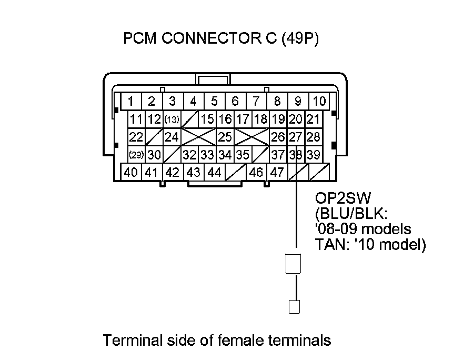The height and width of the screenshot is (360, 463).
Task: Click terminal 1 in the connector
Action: (x=130, y=101)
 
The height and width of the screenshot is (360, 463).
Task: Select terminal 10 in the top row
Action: (x=319, y=101)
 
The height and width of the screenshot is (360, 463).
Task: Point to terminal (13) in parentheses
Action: (x=172, y=119)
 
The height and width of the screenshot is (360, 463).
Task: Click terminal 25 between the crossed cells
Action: (x=225, y=137)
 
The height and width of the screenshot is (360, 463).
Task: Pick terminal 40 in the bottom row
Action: (x=131, y=172)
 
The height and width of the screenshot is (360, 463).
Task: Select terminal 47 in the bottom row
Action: (x=277, y=172)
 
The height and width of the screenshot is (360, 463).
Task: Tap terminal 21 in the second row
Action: (x=314, y=119)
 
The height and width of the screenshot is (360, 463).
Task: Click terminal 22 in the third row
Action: (x=136, y=137)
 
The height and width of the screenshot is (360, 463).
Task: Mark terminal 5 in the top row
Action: (x=214, y=101)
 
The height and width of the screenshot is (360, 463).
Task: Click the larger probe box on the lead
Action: (x=293, y=264)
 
